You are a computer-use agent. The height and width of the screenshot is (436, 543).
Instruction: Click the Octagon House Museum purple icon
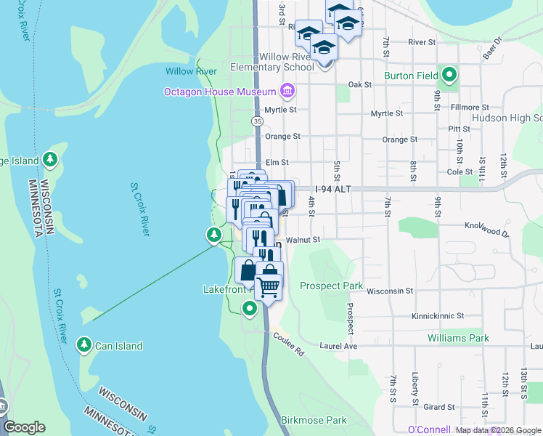(287, 92)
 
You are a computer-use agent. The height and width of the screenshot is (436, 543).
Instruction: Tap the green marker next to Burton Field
(449, 75)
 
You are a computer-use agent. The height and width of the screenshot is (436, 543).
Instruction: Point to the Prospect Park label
(331, 286)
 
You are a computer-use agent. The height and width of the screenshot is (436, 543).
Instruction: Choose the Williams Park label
(458, 338)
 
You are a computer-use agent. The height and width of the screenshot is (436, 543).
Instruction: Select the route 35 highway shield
(257, 121)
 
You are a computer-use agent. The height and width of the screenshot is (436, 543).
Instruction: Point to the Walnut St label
(303, 239)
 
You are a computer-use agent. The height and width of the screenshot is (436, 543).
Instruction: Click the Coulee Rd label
(288, 343)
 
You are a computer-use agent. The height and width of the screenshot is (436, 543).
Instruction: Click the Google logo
(25, 427)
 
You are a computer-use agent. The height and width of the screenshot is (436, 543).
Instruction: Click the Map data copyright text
(497, 430)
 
